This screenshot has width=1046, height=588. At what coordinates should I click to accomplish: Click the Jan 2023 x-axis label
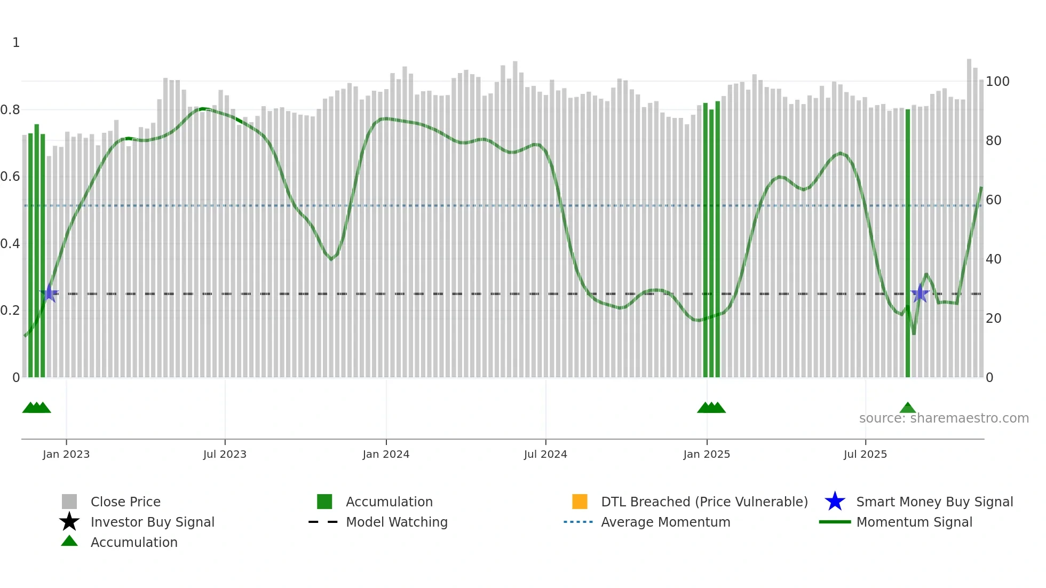point(66,454)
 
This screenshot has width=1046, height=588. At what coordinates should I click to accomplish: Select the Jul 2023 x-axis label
point(225,454)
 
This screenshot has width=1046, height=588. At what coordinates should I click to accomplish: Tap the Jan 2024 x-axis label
point(386,454)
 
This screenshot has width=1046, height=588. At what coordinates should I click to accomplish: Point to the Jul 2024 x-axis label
point(545,454)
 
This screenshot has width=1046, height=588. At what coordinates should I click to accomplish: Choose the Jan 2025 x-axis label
point(707,454)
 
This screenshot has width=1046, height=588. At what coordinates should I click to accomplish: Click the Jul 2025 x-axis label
point(865,454)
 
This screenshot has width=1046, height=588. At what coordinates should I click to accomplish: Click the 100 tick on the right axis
point(997,82)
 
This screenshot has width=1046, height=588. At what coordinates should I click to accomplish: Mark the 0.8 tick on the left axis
point(11,110)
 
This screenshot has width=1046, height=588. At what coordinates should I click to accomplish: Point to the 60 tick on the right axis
point(994,200)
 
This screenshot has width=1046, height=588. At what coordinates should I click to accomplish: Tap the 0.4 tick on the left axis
point(11,244)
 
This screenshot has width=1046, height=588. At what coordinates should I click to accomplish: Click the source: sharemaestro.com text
point(944,418)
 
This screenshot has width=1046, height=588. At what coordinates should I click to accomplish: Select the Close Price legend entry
point(125,502)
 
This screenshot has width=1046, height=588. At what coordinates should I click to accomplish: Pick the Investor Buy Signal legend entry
point(152,522)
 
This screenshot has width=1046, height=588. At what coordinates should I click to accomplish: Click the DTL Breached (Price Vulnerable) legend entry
point(704,502)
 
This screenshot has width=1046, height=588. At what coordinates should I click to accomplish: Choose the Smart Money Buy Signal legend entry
point(934,502)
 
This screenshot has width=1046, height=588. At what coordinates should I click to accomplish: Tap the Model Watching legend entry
point(397,522)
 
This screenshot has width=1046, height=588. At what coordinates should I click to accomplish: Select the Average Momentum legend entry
point(665,522)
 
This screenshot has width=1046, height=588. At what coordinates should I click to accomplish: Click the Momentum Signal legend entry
point(914,522)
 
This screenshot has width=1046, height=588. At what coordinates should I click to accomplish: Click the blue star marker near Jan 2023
point(49,293)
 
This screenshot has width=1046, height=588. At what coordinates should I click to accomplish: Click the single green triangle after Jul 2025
point(908,408)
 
